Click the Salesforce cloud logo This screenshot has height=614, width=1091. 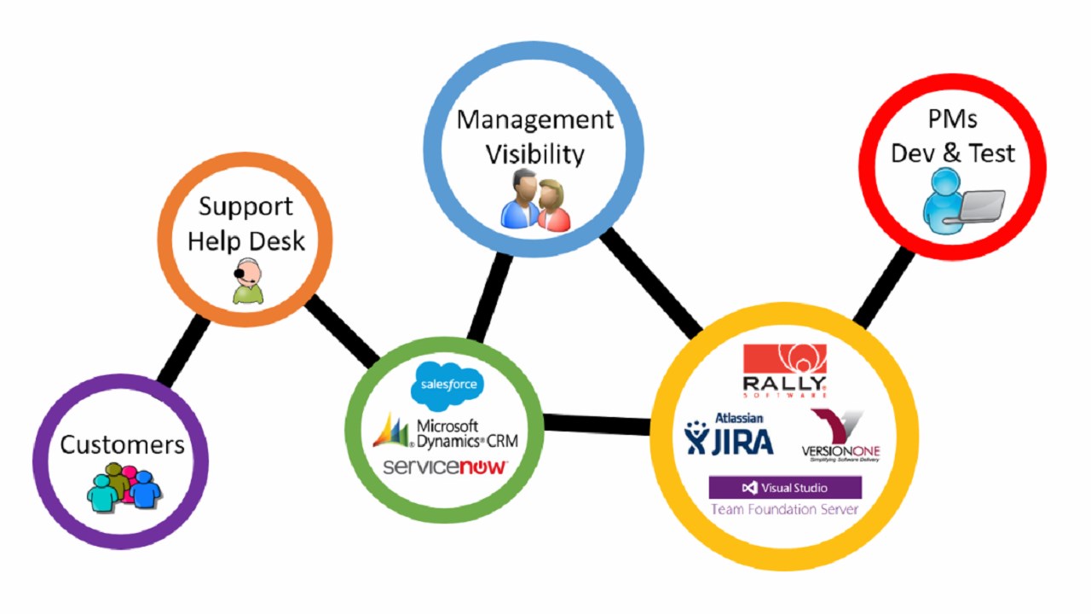point(446,385)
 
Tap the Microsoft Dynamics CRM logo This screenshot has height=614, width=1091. point(445,433)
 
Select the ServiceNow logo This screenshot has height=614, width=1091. point(445,467)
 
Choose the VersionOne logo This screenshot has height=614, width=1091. point(840,436)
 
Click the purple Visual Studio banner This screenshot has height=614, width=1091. point(785,488)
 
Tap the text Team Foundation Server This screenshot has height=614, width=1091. point(785,510)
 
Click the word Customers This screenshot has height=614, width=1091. point(122,444)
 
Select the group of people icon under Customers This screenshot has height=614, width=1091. point(124,487)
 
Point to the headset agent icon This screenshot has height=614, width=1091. point(247,281)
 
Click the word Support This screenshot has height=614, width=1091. point(245,206)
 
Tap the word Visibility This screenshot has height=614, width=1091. point(535,154)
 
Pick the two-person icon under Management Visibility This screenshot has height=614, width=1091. point(535,200)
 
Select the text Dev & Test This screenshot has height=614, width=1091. point(953,153)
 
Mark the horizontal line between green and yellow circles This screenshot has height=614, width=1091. point(597,424)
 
